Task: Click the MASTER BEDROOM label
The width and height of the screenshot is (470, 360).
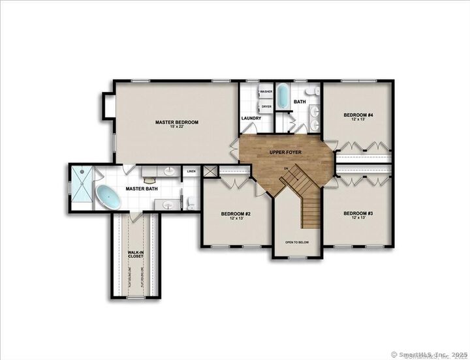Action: [x=176, y=122]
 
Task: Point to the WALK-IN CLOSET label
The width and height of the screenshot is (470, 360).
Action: [x=135, y=254]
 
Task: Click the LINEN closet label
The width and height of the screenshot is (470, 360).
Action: [x=191, y=172]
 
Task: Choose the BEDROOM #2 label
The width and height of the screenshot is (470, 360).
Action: [x=236, y=214]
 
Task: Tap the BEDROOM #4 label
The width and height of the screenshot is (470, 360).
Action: [x=358, y=115]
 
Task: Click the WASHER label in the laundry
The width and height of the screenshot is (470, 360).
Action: [x=266, y=92]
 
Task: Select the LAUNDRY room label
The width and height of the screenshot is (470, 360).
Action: [x=251, y=118]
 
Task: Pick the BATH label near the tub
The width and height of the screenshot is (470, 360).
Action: [x=300, y=102]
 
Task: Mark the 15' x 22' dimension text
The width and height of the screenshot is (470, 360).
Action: [x=176, y=127]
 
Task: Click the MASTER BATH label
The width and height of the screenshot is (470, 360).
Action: [x=142, y=189]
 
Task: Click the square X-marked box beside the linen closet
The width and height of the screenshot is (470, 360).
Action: [x=210, y=172]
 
